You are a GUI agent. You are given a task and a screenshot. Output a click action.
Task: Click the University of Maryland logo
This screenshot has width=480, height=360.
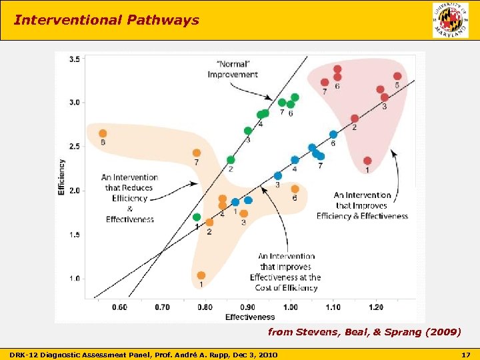point(450,20)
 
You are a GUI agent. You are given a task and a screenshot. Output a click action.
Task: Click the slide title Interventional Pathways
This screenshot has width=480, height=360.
point(107,20)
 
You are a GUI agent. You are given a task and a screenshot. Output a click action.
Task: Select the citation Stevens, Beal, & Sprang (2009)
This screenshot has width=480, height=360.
point(363,331)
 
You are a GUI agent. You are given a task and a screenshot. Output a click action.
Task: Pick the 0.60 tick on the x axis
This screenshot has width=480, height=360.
point(119,307)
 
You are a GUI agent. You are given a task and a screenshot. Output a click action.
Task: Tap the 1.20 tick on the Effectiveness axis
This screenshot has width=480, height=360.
point(375,307)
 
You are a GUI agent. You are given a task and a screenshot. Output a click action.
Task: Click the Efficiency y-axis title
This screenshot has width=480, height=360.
point(61,177)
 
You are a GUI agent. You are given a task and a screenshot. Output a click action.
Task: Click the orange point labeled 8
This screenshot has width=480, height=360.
point(103,133)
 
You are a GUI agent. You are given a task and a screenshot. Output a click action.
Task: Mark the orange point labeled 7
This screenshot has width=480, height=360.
point(196,153)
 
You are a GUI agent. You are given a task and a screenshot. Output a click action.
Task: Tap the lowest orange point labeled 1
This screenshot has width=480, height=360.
point(201,275)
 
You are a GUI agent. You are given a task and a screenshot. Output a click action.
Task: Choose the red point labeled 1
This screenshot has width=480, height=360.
point(367,161)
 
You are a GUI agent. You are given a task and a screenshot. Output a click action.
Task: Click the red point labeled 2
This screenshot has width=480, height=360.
point(355,119)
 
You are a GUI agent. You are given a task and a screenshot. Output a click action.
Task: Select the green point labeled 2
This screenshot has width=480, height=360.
point(231,160)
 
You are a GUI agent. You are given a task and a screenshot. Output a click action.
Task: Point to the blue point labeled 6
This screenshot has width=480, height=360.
point(333,135)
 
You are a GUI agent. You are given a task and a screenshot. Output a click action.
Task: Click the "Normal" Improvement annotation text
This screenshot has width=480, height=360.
point(232,69)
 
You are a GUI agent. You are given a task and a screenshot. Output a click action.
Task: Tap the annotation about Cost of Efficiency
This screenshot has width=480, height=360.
point(285,272)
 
